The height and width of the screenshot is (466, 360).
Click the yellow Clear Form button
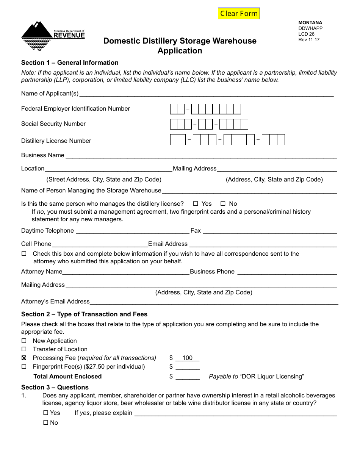(x=239, y=14)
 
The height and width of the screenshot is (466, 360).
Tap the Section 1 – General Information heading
(x=70, y=63)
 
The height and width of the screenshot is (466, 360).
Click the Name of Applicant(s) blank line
(x=206, y=94)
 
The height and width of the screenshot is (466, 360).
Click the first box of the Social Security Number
(x=174, y=124)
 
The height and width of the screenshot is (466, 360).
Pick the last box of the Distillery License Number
(x=280, y=140)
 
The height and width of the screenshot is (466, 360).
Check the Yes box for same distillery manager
(x=196, y=204)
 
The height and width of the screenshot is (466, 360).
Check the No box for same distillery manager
(x=223, y=204)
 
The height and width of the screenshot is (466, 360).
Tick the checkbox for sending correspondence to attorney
(x=24, y=253)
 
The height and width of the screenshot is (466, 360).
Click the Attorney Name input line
(x=125, y=272)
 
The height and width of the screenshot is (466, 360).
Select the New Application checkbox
(x=24, y=341)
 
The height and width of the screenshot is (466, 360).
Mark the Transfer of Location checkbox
(x=24, y=349)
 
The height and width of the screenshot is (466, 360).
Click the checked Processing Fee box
(x=24, y=358)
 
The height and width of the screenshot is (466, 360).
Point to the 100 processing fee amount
(x=187, y=358)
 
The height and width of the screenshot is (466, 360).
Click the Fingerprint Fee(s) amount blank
(x=188, y=367)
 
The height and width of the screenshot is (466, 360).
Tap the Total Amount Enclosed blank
(x=188, y=377)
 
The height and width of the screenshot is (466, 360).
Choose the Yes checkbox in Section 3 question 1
(x=46, y=413)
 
